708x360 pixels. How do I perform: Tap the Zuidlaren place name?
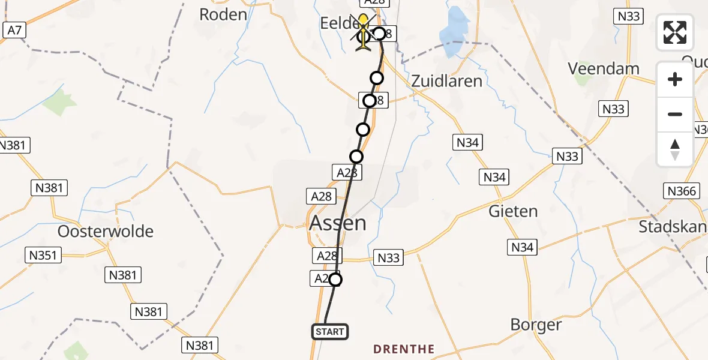447,81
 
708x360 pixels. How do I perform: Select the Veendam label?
604,68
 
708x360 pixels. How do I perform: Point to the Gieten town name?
513,211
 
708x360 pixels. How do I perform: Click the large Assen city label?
337,223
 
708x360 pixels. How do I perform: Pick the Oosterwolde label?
106,232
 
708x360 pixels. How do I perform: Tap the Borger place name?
536,325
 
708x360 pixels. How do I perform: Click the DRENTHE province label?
404,349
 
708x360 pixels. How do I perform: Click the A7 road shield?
14,30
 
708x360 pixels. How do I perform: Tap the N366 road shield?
682,191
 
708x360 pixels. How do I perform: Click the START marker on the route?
329,332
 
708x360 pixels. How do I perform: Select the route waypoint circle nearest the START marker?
335,280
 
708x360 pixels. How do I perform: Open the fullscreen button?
675,32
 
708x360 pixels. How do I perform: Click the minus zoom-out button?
675,114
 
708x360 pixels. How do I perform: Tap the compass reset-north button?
675,149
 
